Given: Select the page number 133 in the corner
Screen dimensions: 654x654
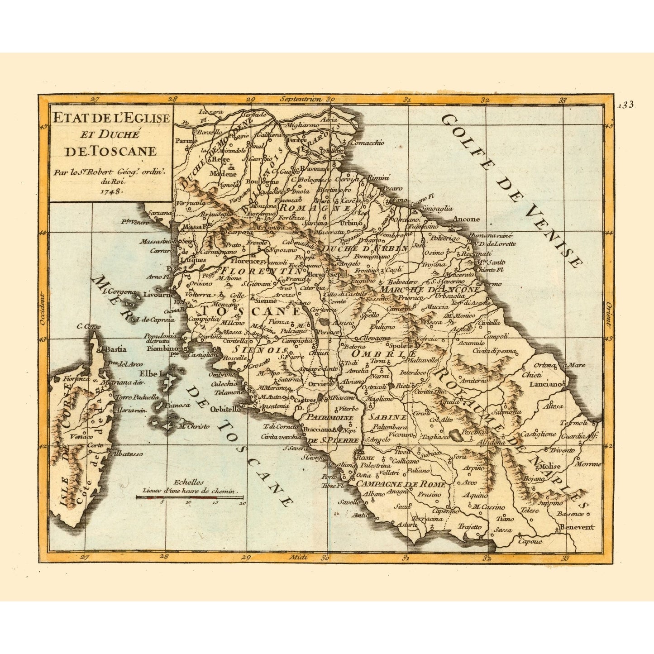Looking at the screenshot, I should (626, 105).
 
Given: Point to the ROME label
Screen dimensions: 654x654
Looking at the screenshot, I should (364, 457).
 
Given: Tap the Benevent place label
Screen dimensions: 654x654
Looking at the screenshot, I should (576, 527).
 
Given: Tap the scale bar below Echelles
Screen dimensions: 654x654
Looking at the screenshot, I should (191, 497).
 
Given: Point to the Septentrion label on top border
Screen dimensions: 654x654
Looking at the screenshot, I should (301, 99).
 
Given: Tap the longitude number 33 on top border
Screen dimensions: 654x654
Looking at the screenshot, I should (563, 100).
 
